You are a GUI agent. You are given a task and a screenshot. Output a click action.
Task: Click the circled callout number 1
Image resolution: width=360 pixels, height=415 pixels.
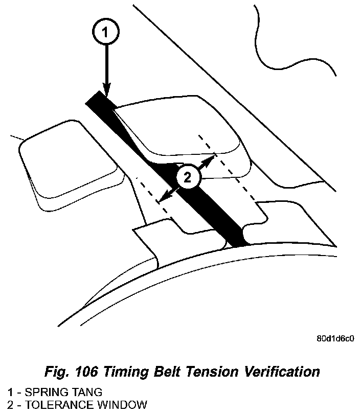pyautogui.click(x=105, y=33)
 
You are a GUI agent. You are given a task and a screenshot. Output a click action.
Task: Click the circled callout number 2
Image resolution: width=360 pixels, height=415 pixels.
pyautogui.click(x=188, y=178)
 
